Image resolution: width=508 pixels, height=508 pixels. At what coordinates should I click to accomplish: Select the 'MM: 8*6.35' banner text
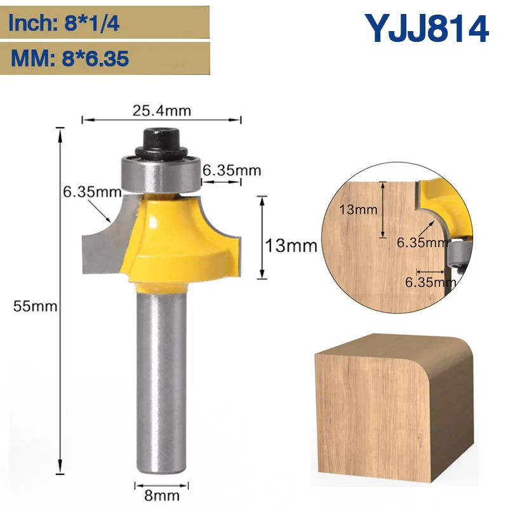(x=69, y=58)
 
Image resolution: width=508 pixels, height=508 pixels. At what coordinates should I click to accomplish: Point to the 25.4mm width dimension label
(x=162, y=110)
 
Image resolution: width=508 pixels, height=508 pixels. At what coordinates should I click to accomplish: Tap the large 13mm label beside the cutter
(x=291, y=246)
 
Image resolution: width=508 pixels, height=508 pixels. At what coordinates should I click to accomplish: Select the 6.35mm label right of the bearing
(x=232, y=170)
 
